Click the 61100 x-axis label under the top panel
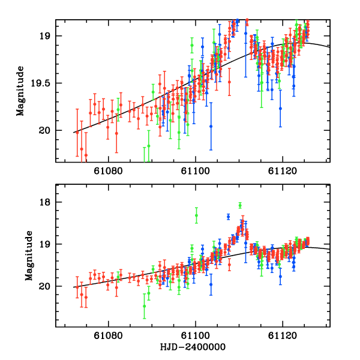click(196, 171)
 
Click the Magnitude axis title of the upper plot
click(20, 91)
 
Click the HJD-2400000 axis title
click(193, 347)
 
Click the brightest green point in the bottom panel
click(240, 205)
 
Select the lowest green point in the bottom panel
click(144, 306)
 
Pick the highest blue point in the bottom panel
click(228, 216)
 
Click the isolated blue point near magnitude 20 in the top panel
click(211, 126)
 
